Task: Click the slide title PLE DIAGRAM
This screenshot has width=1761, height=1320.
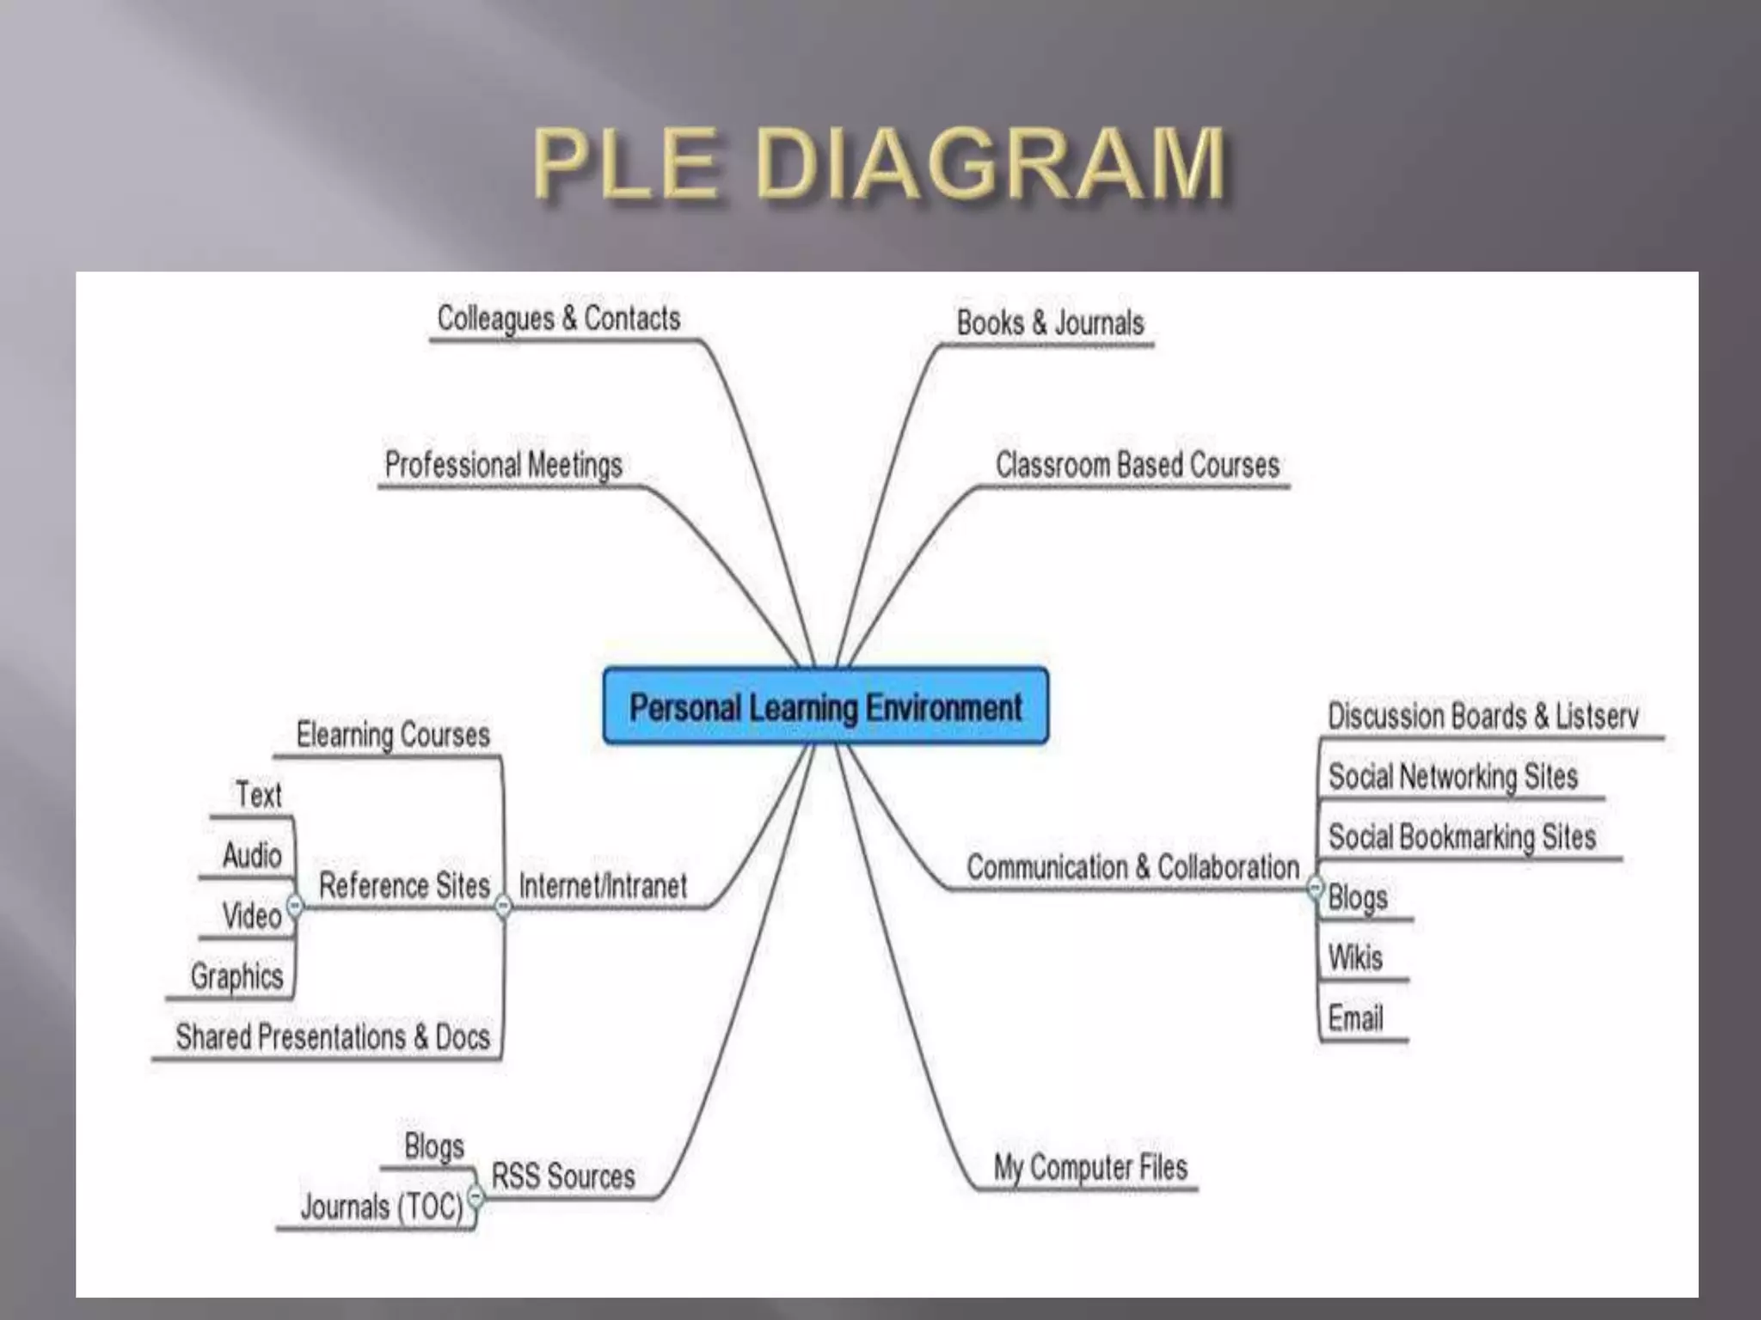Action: pos(879,163)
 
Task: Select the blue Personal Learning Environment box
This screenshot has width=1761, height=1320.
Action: pos(825,706)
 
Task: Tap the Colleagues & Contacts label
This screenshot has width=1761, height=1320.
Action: pos(559,318)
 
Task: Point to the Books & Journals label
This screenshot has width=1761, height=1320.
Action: pos(1050,323)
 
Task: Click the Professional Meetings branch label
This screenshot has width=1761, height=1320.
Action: pos(503,465)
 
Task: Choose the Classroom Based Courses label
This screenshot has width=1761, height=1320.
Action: pos(1137,465)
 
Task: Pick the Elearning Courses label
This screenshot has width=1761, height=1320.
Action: pos(393,735)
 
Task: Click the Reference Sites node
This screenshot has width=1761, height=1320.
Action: pos(404,885)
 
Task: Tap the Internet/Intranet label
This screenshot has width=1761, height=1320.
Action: pos(603,885)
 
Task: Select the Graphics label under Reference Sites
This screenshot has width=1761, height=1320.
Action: pos(236,976)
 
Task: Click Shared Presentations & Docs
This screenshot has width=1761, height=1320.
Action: pos(333,1037)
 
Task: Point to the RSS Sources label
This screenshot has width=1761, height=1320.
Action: pos(563,1176)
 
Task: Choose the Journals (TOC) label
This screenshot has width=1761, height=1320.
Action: pos(381,1207)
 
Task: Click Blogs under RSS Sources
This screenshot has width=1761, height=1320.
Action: pos(434,1146)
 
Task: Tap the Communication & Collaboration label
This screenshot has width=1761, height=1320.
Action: pos(1132,867)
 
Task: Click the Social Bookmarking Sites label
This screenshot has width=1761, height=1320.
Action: pos(1462,837)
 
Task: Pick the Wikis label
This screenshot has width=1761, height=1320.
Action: pos(1355,957)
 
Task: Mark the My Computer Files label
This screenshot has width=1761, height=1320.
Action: pos(1090,1167)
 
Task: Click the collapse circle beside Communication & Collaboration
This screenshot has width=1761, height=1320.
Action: pos(1316,887)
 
